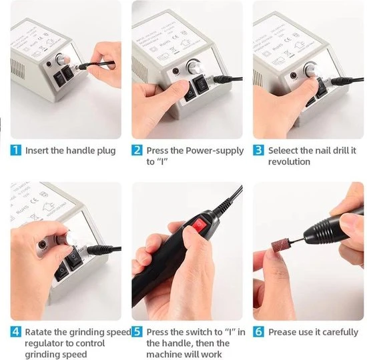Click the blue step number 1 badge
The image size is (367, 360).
(16, 150)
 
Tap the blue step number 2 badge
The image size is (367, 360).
(137, 150)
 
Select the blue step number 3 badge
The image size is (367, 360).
(258, 150)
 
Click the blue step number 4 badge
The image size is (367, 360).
(16, 332)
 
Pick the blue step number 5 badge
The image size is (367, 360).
(137, 332)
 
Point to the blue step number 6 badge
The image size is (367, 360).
(258, 332)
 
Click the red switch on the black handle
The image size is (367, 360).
(200, 225)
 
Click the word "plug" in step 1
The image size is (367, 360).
(106, 151)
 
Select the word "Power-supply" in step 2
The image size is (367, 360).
(215, 151)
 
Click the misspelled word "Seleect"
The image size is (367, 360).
(283, 151)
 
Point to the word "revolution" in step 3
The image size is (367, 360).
(289, 161)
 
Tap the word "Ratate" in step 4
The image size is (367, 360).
(39, 332)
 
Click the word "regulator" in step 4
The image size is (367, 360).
(44, 343)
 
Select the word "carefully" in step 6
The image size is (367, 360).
(337, 333)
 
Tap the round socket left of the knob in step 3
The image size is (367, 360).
(294, 75)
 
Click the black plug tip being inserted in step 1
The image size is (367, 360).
(82, 67)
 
